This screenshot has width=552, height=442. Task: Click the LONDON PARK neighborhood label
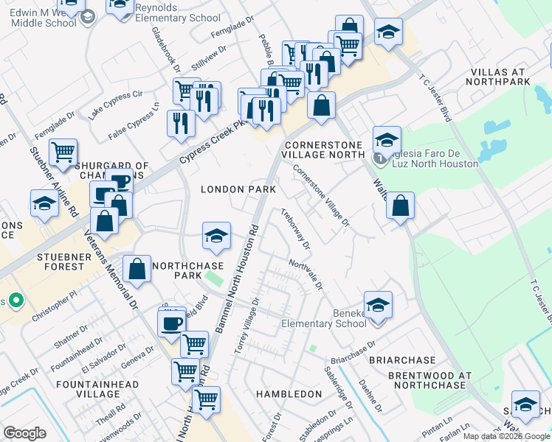click(x=238, y=189)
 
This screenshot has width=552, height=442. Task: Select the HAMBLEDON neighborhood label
click(x=289, y=394)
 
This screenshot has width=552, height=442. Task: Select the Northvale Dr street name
click(x=306, y=275)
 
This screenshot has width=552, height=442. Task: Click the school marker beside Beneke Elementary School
click(x=378, y=304)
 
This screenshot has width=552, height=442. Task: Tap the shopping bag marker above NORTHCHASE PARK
click(x=137, y=268)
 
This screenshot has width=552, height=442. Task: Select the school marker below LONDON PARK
click(x=215, y=235)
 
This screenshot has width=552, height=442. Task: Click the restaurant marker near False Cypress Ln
click(x=181, y=123)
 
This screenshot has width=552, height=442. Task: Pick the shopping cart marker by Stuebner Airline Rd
click(x=64, y=152)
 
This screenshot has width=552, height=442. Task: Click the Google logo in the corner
click(x=24, y=433)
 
